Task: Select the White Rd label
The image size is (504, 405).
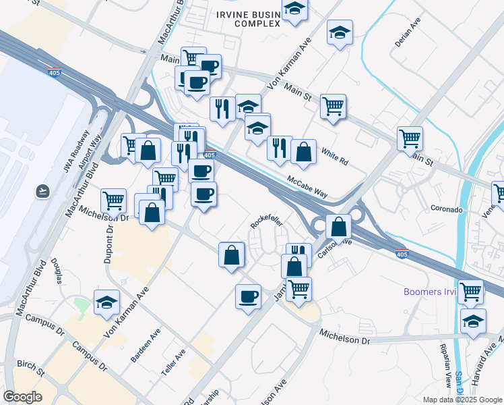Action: click(334, 157)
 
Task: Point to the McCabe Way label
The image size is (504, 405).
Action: click(307, 187)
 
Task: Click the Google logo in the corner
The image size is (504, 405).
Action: click(23, 397)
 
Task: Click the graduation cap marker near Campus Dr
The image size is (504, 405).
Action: click(106, 303)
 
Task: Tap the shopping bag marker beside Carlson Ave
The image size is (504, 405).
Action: click(339, 226)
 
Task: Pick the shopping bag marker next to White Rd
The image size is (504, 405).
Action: click(304, 152)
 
